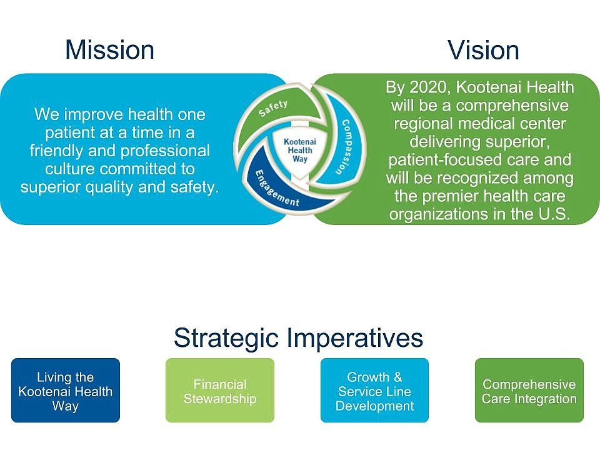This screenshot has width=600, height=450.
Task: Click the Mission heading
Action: pyautogui.click(x=110, y=50)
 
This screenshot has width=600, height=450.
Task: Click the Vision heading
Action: pyautogui.click(x=483, y=50)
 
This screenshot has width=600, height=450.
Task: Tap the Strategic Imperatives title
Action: pyautogui.click(x=299, y=338)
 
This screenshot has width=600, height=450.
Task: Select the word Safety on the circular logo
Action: pyautogui.click(x=273, y=109)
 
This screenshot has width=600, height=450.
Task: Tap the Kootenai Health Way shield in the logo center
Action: pyautogui.click(x=300, y=152)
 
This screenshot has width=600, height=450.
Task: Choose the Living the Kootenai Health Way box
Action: pyautogui.click(x=66, y=390)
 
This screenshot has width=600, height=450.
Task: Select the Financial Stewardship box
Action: pyautogui.click(x=220, y=390)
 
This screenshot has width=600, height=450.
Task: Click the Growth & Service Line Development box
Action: pyautogui.click(x=374, y=390)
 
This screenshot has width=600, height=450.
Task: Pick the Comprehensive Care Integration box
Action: pyautogui.click(x=529, y=390)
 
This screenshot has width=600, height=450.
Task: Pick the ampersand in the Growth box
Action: pyautogui.click(x=397, y=377)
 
